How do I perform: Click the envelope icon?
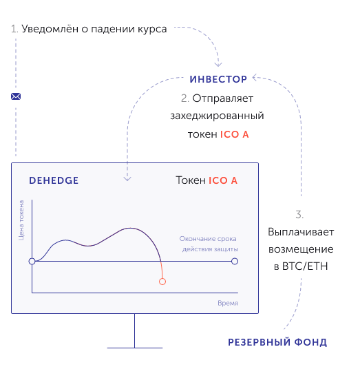[x=16, y=96]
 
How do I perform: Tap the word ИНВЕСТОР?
[x=218, y=79]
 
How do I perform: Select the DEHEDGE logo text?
[x=54, y=180]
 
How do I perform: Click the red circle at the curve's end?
[x=162, y=282]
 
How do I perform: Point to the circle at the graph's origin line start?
[x=32, y=261]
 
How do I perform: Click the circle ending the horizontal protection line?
[x=235, y=261]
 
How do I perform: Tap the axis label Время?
[x=228, y=303]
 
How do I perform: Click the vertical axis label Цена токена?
[x=21, y=220]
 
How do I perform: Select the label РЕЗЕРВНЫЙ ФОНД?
[x=277, y=342]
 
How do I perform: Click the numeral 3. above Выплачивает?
[x=299, y=215]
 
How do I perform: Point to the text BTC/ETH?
[x=305, y=266]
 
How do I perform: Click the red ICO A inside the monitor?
[x=223, y=180]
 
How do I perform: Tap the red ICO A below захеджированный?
[x=234, y=135]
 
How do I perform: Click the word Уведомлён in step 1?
[x=50, y=29]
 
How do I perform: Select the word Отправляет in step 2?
[x=223, y=98]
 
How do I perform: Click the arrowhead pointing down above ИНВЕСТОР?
[x=218, y=64]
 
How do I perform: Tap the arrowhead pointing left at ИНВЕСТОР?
[x=255, y=77]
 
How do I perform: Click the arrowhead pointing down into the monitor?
[x=127, y=178]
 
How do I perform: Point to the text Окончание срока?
[x=208, y=239]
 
